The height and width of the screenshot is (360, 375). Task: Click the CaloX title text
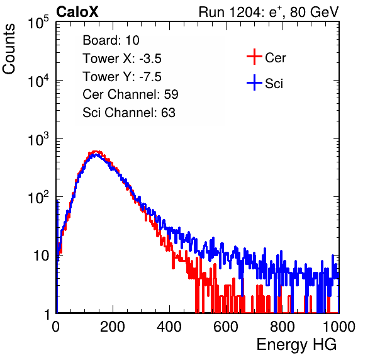coord(77,12)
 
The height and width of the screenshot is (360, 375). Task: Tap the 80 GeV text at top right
coord(315,12)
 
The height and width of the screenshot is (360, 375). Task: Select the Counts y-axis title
coord(9,49)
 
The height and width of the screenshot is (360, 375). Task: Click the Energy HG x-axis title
coord(296,345)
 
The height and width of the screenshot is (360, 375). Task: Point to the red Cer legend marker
coord(254,57)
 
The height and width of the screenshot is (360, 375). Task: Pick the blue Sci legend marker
coord(254,82)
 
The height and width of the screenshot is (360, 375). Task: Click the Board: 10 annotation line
coord(111,40)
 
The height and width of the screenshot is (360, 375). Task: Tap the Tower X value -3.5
coord(150,59)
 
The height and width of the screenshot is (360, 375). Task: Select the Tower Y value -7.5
coord(150,77)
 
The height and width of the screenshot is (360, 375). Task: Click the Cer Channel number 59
coord(171,94)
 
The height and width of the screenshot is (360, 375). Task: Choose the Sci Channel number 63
coord(168,113)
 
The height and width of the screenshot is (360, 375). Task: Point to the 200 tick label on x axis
coord(113,327)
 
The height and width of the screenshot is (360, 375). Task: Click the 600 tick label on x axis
coord(226,327)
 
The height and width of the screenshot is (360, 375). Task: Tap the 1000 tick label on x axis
coord(339,327)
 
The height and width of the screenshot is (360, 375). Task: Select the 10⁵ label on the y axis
coord(38,23)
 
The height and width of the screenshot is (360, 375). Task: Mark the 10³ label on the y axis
coord(38,139)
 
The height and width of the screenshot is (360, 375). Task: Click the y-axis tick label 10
coord(41,256)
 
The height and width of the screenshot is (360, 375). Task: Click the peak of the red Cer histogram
coord(96,152)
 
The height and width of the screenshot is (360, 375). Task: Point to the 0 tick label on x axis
coord(55,327)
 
